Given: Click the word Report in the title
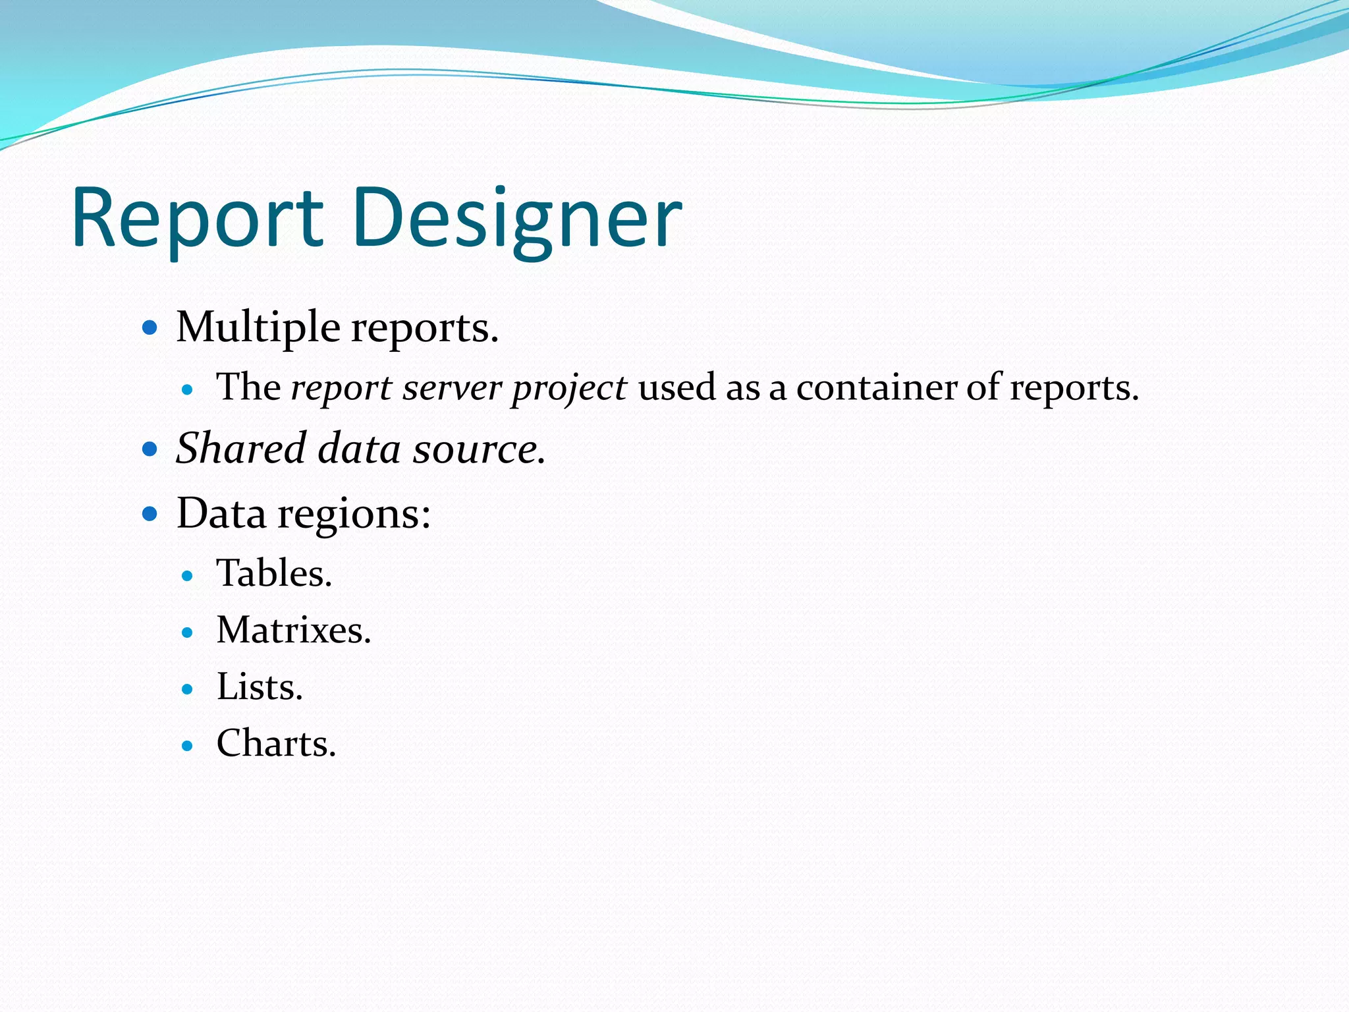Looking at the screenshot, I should (x=198, y=219).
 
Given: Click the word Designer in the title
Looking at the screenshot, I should (x=517, y=219).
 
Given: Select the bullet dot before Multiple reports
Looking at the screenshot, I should (x=150, y=327).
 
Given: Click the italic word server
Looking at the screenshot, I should (x=452, y=387).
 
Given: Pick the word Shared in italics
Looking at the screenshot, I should (x=241, y=449).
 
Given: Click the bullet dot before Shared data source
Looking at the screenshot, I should (x=150, y=449).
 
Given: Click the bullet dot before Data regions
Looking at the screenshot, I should (x=150, y=513).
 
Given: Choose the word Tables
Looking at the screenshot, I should (x=274, y=573).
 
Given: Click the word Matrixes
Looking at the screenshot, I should (x=294, y=631).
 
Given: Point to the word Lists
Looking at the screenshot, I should (x=260, y=687).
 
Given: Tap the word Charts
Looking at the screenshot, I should (x=276, y=744).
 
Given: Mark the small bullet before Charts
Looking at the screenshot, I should (x=188, y=746).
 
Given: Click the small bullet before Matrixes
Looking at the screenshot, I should (x=188, y=632).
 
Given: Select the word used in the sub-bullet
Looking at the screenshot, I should (x=676, y=387).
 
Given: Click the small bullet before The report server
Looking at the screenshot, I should (x=188, y=389).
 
